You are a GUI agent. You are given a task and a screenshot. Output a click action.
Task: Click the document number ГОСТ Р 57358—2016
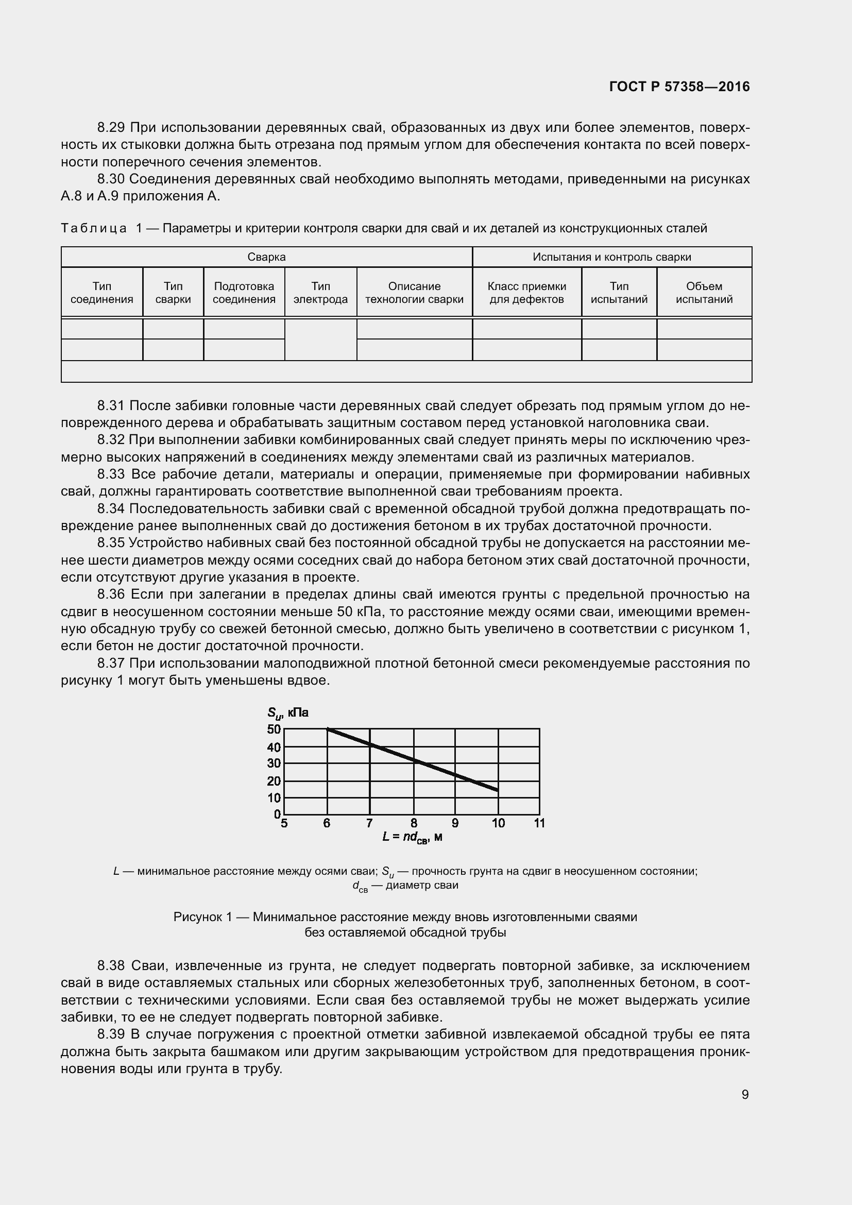point(679,87)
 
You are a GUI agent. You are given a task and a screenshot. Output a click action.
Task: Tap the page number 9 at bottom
point(745,1094)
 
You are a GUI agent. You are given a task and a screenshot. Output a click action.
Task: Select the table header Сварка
point(266,257)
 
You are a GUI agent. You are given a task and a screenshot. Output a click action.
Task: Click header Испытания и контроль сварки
point(612,257)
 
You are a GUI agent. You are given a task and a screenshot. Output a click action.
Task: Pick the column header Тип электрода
point(320,293)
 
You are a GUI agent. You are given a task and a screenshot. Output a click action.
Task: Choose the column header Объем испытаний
point(704,293)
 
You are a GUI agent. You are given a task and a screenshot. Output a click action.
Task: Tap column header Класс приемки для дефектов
point(527,293)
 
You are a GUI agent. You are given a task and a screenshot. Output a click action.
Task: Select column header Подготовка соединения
point(244,293)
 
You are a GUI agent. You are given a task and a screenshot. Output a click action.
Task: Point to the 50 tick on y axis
point(274,729)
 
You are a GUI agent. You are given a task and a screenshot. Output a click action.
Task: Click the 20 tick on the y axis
point(274,781)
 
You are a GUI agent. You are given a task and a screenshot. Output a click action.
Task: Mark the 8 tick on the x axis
point(414,823)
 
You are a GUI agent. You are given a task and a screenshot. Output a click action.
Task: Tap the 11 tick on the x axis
point(539,823)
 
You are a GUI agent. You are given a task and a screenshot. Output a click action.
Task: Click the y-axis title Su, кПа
point(287,712)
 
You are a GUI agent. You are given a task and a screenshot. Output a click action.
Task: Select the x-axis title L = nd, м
point(413,838)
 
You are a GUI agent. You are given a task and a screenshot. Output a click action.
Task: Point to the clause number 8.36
point(111,595)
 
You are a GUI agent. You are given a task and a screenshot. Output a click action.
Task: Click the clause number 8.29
point(111,128)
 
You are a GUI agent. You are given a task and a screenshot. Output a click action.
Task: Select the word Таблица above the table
point(93,228)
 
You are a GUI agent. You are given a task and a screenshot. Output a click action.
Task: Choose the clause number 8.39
point(111,1034)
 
